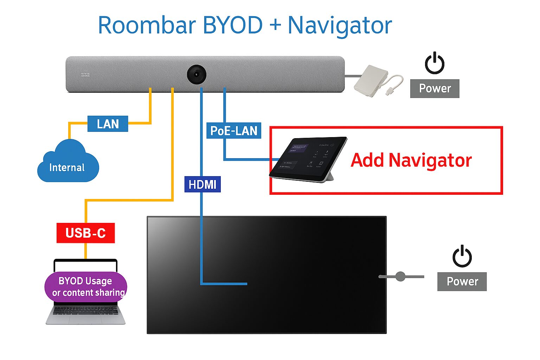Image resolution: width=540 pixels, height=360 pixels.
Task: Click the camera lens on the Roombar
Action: point(196,75)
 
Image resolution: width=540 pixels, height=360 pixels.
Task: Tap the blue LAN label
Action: point(108,124)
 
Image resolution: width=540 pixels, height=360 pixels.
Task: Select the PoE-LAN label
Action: point(234,131)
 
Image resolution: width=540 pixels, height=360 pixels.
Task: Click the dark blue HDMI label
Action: point(202,184)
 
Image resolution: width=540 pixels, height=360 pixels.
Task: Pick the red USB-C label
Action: point(85,233)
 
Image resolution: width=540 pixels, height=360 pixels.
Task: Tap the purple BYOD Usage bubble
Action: point(86,287)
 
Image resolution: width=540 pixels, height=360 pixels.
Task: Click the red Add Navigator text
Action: point(411,160)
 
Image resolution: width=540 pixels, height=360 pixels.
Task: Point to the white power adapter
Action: point(371,81)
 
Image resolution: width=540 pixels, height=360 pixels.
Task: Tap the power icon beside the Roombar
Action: point(435,63)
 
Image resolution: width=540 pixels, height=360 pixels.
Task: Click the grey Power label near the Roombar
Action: point(435,88)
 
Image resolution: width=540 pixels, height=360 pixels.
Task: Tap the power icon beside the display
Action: point(462,256)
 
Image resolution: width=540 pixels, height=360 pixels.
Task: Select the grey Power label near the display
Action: point(462,282)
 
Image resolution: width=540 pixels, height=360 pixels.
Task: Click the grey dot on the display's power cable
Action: point(400,277)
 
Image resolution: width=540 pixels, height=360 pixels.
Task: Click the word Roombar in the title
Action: point(147,25)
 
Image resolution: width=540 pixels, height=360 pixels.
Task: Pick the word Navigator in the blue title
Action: point(340,25)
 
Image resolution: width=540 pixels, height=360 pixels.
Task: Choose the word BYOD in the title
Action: point(232,25)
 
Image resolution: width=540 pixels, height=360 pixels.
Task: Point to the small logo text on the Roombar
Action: point(85,75)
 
